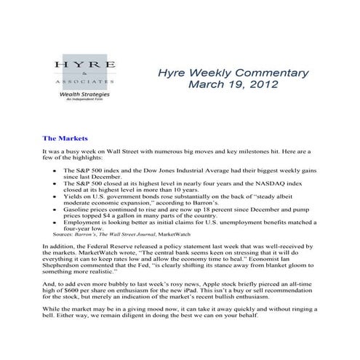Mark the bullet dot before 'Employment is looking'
click(x=56, y=220)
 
